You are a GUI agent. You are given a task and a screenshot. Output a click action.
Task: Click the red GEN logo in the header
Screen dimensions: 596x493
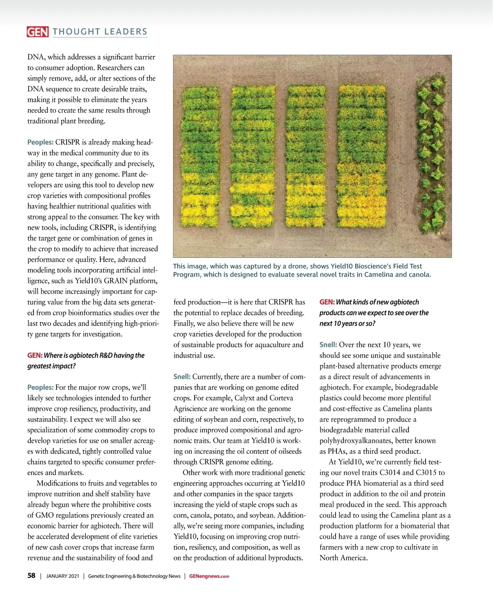(x=37, y=32)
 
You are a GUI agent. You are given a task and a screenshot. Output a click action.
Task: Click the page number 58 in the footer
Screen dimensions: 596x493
(x=31, y=576)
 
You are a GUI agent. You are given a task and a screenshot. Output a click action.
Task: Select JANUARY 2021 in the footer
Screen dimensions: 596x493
(x=62, y=576)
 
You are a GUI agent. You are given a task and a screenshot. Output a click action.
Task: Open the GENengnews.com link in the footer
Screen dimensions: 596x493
(x=209, y=576)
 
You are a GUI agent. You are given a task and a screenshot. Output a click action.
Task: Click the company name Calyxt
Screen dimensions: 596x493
(x=245, y=398)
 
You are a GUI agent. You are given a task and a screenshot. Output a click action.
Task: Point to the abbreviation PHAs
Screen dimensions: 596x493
(x=338, y=451)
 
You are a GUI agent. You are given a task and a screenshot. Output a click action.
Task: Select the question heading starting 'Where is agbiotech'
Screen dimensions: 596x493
(x=86, y=360)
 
